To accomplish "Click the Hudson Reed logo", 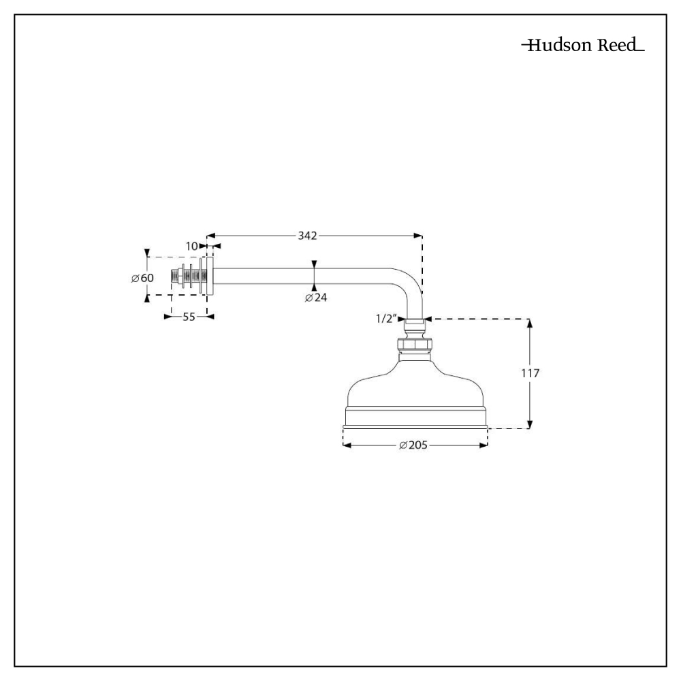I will click(x=583, y=46).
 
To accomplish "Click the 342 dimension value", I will click(x=307, y=236).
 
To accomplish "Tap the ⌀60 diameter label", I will click(x=143, y=278).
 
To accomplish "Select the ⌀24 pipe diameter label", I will click(x=316, y=298).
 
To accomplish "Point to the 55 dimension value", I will click(x=189, y=317).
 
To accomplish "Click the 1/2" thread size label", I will click(x=386, y=318).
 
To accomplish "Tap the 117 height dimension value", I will click(x=530, y=373).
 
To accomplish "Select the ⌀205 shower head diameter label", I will click(x=414, y=445).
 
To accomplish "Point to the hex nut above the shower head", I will click(x=414, y=346).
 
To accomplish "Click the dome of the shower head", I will click(x=415, y=388).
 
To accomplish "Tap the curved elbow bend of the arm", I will click(x=409, y=283).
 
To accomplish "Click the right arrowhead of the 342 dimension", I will click(x=417, y=236).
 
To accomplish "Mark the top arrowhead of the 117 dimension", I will click(x=530, y=323).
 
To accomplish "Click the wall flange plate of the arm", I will click(x=210, y=276).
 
